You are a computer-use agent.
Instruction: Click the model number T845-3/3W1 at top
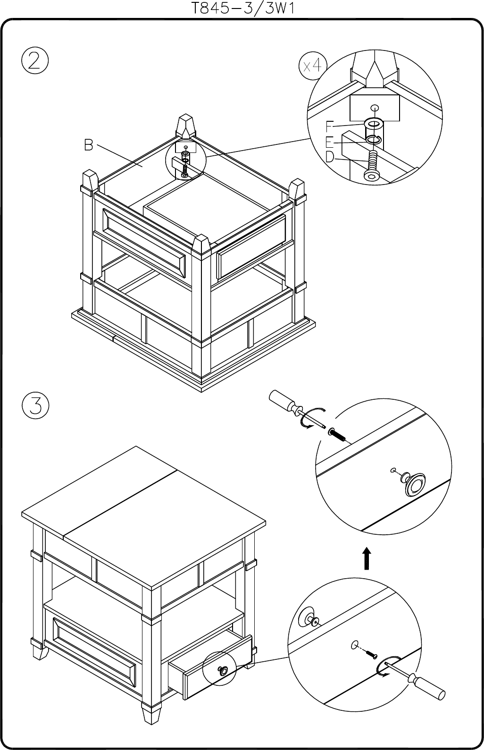tap(242, 8)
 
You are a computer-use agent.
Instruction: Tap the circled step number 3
tap(35, 405)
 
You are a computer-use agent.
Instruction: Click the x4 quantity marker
tap(312, 66)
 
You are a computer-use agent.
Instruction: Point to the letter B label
tap(88, 145)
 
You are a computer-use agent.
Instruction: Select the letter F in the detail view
tap(330, 126)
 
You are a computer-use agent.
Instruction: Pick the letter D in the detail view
tap(330, 157)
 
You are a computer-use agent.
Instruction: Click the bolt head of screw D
tap(370, 177)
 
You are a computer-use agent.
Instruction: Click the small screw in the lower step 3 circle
tap(371, 654)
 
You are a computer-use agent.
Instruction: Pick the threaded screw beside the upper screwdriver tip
tap(338, 434)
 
